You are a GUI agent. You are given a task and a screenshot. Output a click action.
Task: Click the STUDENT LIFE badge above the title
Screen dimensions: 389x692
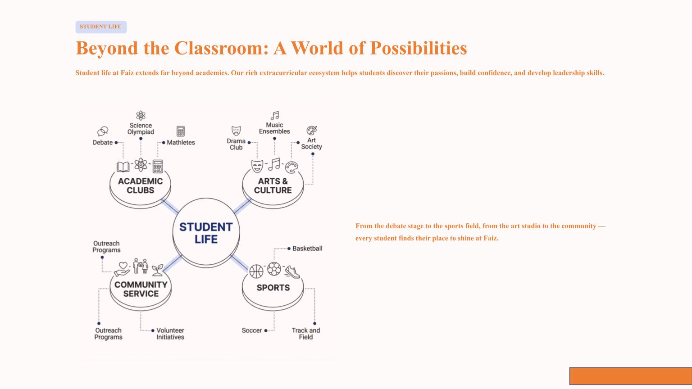pyautogui.click(x=101, y=27)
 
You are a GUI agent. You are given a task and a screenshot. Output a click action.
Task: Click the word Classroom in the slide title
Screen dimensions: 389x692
pyautogui.click(x=221, y=48)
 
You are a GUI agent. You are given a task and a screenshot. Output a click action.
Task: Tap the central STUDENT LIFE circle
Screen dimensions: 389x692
pyautogui.click(x=206, y=233)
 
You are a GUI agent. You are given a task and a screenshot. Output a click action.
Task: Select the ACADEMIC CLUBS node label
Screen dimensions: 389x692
pyautogui.click(x=140, y=185)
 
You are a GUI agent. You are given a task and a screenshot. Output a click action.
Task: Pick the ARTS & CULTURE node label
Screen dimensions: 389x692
pyautogui.click(x=273, y=185)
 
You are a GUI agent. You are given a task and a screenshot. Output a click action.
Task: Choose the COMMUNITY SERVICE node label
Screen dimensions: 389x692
pyautogui.click(x=141, y=289)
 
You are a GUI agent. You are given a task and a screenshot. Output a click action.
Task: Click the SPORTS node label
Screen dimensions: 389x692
pyautogui.click(x=273, y=288)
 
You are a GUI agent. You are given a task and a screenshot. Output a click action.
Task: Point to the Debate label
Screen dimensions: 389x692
pyautogui.click(x=103, y=142)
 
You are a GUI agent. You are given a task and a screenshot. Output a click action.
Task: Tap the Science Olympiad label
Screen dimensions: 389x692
pyautogui.click(x=141, y=129)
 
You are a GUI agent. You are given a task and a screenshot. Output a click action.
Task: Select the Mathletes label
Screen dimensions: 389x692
pyautogui.click(x=181, y=142)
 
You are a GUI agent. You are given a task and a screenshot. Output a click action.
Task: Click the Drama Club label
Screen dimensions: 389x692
pyautogui.click(x=236, y=144)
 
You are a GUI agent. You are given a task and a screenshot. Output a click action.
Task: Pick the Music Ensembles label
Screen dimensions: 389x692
pyautogui.click(x=274, y=128)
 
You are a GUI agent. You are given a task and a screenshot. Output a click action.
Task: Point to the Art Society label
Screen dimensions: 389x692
pyautogui.click(x=311, y=144)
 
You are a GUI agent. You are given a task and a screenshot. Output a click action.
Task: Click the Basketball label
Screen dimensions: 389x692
pyautogui.click(x=307, y=249)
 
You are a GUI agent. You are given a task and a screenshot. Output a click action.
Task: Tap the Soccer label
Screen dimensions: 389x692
pyautogui.click(x=251, y=330)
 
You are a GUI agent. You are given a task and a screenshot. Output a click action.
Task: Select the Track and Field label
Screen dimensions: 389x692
pyautogui.click(x=306, y=334)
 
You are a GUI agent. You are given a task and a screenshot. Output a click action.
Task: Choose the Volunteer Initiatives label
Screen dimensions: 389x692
pyautogui.click(x=170, y=334)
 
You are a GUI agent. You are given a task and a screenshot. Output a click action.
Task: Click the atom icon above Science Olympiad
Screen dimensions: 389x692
pyautogui.click(x=141, y=115)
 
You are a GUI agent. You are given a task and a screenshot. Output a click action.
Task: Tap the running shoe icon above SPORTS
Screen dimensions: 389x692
pyautogui.click(x=292, y=271)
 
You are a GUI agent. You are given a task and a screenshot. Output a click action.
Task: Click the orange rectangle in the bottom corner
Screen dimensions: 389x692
pyautogui.click(x=630, y=376)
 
